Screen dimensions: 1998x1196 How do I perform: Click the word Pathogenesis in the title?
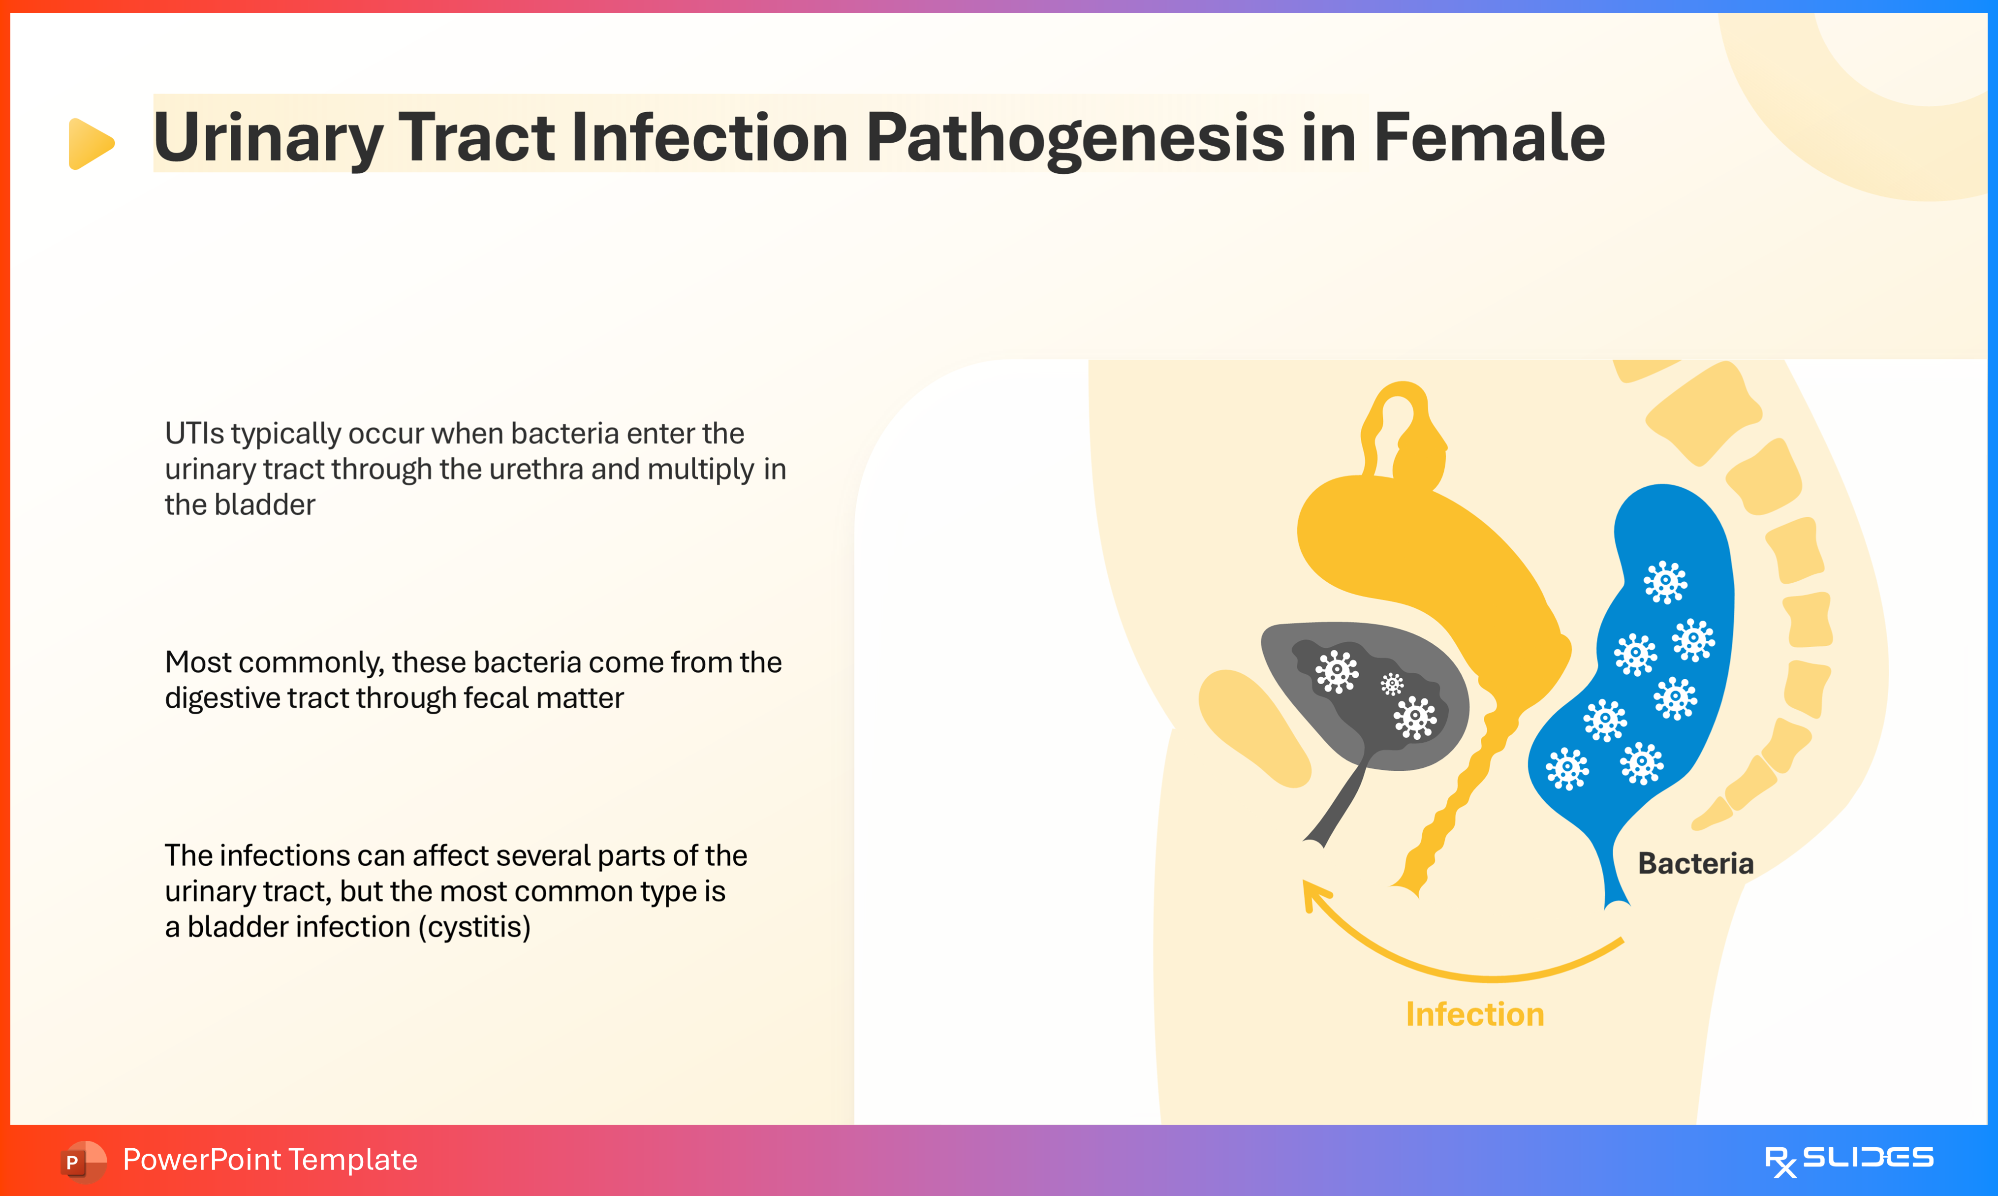[1076, 139]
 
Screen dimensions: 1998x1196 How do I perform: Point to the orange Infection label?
[1474, 1014]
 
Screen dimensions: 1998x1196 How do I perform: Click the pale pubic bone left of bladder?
[1253, 725]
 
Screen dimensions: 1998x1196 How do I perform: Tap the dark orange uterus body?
[1418, 548]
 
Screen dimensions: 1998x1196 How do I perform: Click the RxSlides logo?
[1848, 1160]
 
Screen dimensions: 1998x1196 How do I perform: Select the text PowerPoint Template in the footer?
[270, 1160]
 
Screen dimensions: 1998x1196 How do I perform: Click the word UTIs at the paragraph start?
[194, 434]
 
